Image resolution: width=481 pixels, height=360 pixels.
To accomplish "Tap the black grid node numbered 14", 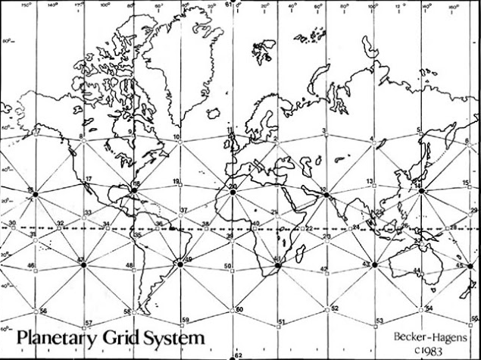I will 420,190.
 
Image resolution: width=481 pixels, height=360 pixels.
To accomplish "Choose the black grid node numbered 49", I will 180,264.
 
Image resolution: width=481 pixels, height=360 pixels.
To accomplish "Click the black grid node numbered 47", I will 83,264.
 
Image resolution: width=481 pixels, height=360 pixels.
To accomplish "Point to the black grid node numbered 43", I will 373,265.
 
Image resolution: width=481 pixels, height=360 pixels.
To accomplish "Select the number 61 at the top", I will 228,5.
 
